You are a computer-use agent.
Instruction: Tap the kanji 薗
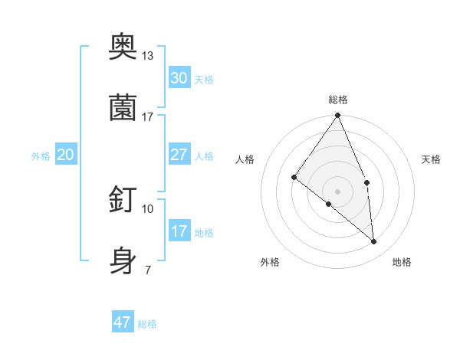tap(123, 106)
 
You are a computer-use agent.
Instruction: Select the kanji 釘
tap(123, 199)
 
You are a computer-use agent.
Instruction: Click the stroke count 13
tap(148, 55)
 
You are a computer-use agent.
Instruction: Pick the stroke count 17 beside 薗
tap(148, 116)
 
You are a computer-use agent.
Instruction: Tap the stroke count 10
tap(148, 208)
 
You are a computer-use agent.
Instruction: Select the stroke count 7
tap(147, 270)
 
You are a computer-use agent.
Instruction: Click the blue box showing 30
tap(179, 78)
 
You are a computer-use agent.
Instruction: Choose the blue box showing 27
tap(179, 155)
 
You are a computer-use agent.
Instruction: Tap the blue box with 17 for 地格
tap(179, 231)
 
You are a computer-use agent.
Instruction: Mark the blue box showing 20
tap(66, 155)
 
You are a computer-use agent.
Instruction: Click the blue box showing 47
tap(123, 322)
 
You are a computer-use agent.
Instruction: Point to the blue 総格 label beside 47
tap(147, 324)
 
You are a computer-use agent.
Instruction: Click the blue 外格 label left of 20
tap(41, 156)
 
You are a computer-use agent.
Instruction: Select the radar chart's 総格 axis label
tap(338, 100)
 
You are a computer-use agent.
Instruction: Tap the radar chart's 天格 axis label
tap(432, 159)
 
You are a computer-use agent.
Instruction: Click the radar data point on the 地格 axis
tap(374, 241)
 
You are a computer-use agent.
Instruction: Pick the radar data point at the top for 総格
tap(337, 116)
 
